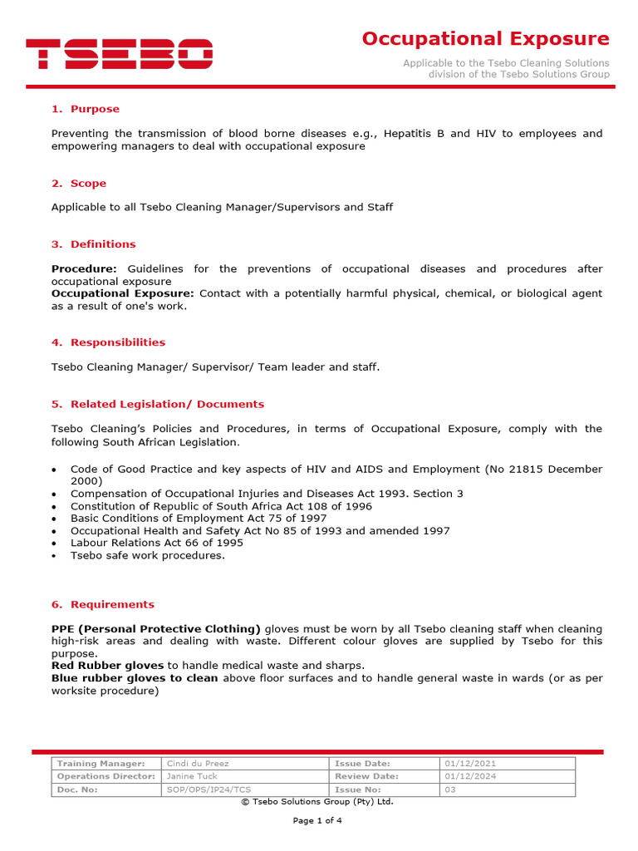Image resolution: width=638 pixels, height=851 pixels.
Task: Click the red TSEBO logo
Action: click(120, 54)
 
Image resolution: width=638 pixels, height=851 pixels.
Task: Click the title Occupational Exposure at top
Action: click(485, 39)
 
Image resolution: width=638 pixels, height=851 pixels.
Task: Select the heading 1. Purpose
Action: click(86, 109)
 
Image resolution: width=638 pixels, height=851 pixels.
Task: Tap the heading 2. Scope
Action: click(79, 183)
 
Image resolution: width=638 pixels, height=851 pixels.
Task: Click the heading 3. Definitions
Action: click(93, 244)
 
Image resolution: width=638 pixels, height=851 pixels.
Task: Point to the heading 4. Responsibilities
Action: click(108, 342)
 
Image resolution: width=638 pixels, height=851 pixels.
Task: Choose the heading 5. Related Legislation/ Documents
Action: click(158, 404)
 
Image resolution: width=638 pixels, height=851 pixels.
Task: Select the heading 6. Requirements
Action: click(103, 604)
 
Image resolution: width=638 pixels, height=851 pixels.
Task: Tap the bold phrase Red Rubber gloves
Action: click(107, 666)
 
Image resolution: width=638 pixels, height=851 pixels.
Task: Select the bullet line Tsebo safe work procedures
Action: click(147, 555)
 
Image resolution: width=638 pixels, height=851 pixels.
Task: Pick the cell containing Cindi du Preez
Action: click(198, 763)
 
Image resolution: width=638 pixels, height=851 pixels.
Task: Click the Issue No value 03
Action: click(450, 790)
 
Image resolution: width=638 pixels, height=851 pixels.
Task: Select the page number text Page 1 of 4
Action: click(317, 820)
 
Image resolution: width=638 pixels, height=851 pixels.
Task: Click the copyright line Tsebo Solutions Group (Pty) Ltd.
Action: click(317, 802)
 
